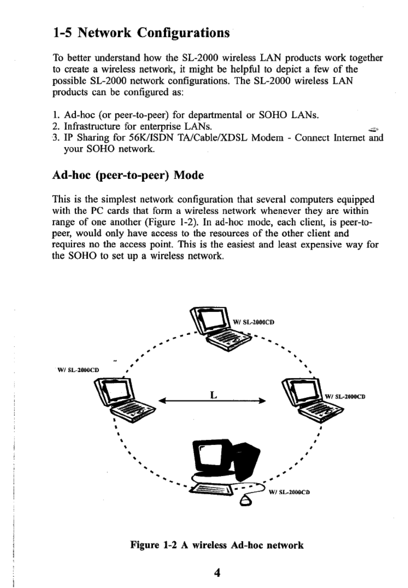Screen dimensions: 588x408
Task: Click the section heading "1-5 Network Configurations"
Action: (x=141, y=33)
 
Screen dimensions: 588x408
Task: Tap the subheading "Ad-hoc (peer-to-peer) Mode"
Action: (x=128, y=175)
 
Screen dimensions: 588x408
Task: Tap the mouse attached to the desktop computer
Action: (x=246, y=502)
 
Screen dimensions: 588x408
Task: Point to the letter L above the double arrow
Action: (x=214, y=394)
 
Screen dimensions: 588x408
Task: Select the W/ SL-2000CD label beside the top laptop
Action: (x=253, y=322)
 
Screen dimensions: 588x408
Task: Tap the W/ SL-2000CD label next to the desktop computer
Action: (x=289, y=492)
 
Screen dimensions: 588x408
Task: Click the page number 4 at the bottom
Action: (x=217, y=573)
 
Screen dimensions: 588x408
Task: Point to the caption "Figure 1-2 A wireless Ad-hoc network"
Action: (x=217, y=545)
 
